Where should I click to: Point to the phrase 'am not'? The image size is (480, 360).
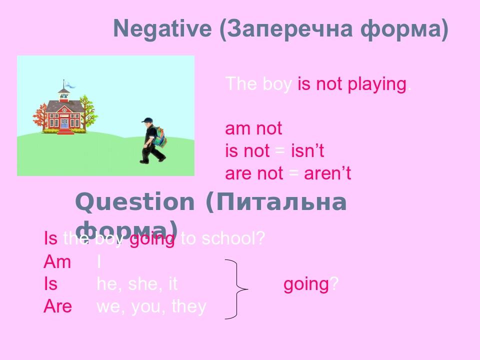[x=253, y=129]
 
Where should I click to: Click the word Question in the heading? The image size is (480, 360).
[x=134, y=202]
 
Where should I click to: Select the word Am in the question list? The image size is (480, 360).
[x=57, y=261]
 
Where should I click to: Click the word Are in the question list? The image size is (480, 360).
[x=57, y=306]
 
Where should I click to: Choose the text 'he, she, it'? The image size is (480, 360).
[x=137, y=284]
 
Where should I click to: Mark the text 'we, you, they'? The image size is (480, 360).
[x=151, y=306]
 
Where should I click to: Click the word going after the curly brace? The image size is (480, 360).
[x=305, y=284]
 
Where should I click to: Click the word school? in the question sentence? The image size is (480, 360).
[x=233, y=239]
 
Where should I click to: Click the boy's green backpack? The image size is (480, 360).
[x=160, y=135]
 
